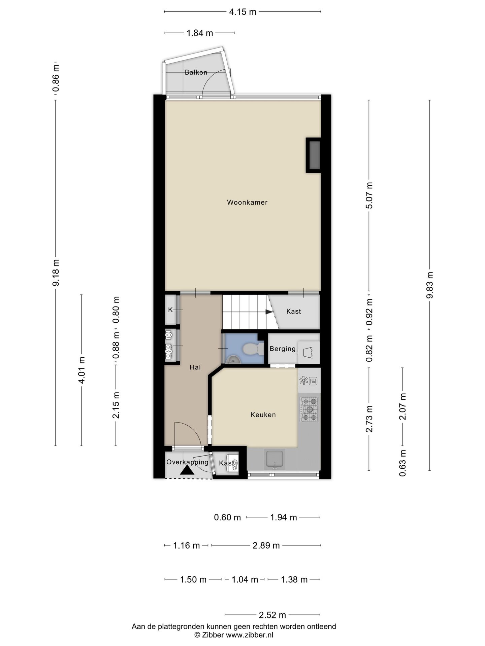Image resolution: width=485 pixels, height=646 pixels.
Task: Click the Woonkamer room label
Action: tap(247, 202)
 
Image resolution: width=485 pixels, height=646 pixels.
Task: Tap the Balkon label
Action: tap(196, 72)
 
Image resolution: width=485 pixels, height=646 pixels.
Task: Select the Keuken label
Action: tap(263, 415)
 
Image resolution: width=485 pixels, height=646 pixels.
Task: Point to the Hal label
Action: tap(195, 367)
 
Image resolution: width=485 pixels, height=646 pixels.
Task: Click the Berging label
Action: tap(283, 349)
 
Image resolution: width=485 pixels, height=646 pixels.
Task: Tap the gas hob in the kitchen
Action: tap(310, 409)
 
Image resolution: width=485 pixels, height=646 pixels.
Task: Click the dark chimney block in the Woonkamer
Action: tap(314, 155)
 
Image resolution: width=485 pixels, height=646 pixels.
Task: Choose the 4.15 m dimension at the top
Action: tap(243, 12)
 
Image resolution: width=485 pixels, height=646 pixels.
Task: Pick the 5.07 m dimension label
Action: tap(369, 195)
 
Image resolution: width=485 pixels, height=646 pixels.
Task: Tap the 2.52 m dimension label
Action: tap(272, 615)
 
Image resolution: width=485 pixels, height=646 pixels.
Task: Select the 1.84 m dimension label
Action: tap(200, 33)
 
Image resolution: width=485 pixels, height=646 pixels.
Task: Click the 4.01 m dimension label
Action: tap(81, 370)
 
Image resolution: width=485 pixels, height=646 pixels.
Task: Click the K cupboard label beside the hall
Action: tap(170, 310)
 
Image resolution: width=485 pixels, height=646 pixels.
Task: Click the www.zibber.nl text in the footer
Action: tap(250, 635)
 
